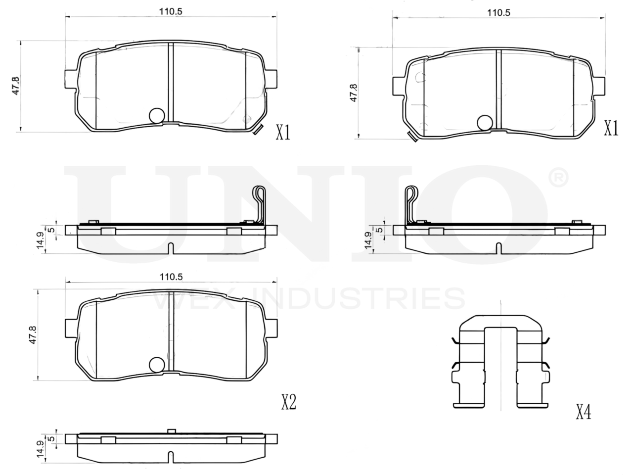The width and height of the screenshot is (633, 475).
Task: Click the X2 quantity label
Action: (289, 402)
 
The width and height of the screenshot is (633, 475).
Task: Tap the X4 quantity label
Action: (584, 412)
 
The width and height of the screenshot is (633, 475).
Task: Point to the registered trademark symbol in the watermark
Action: (558, 177)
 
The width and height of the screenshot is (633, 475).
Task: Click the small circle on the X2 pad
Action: (157, 365)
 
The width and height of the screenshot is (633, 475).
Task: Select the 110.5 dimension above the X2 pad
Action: (171, 277)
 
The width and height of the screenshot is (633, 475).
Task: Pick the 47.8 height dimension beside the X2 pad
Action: (33, 334)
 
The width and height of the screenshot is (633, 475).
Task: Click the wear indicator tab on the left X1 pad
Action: (257, 129)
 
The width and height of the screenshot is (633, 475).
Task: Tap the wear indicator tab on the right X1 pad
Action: (412, 136)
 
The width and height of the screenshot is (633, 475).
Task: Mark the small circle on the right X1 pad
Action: (485, 123)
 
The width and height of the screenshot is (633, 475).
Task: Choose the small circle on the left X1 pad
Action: (157, 116)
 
